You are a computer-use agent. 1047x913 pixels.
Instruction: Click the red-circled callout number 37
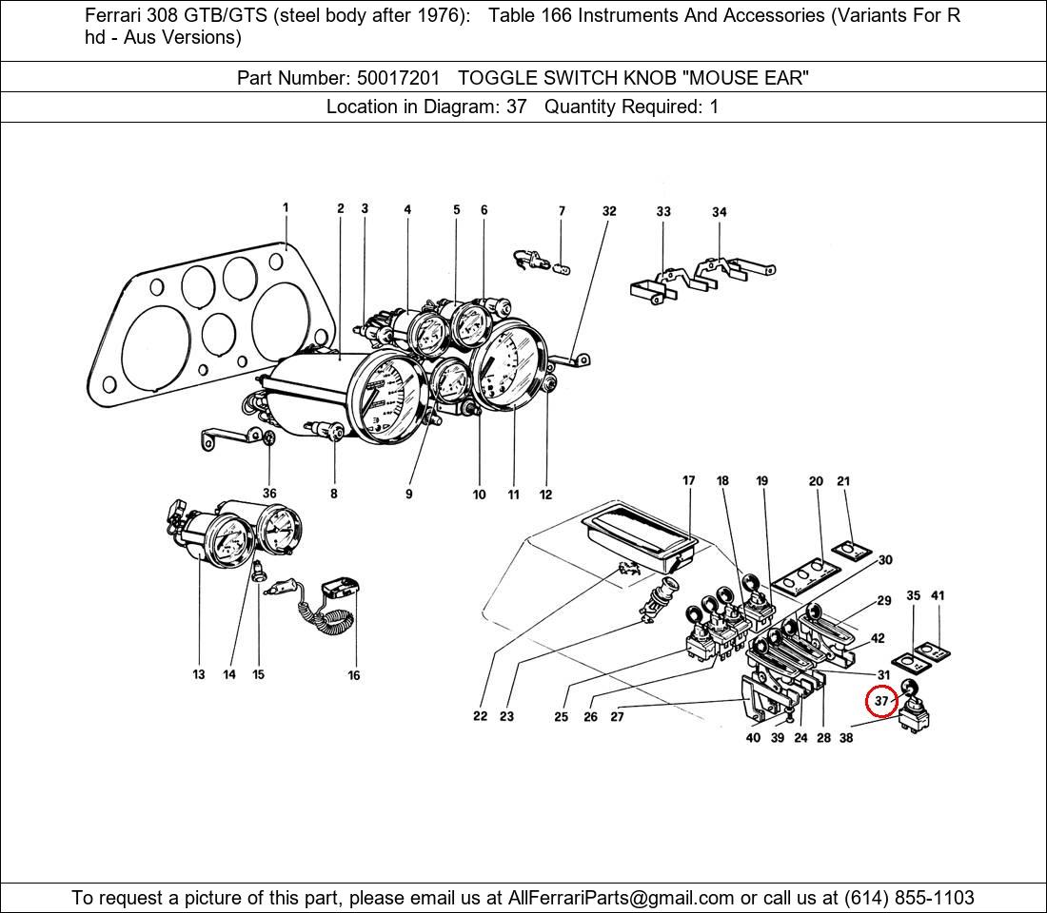[x=880, y=702]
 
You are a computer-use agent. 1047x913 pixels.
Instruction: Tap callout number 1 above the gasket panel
[x=286, y=207]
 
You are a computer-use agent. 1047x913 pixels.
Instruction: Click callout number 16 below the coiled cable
[x=354, y=675]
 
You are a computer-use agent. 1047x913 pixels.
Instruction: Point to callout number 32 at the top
[x=609, y=211]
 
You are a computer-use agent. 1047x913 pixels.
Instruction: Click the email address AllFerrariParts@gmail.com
[x=621, y=898]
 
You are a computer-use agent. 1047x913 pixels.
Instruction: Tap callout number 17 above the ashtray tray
[x=688, y=481]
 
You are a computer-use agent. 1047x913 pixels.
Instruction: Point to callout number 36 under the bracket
[x=269, y=494]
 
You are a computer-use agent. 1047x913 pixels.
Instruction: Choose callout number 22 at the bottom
[x=480, y=716]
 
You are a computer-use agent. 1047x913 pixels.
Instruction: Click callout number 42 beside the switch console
[x=878, y=638]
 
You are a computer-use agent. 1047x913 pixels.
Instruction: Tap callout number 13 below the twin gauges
[x=198, y=674]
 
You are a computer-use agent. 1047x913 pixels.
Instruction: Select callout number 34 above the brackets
[x=720, y=212]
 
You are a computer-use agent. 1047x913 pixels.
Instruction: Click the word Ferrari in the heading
[x=113, y=16]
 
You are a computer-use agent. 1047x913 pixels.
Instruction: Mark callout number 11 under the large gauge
[x=513, y=495]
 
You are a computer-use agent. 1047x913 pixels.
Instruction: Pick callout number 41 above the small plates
[x=938, y=596]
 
